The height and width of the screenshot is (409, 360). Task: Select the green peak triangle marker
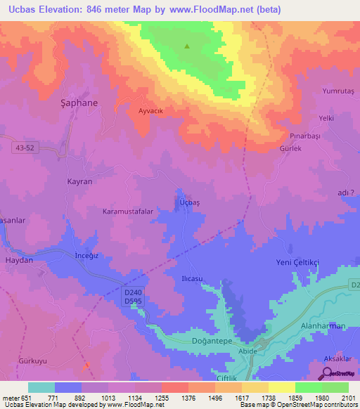(187, 47)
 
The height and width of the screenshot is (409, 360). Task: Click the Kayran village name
(79, 181)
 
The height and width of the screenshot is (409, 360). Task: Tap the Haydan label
(19, 260)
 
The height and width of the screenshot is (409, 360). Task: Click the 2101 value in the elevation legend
(347, 398)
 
